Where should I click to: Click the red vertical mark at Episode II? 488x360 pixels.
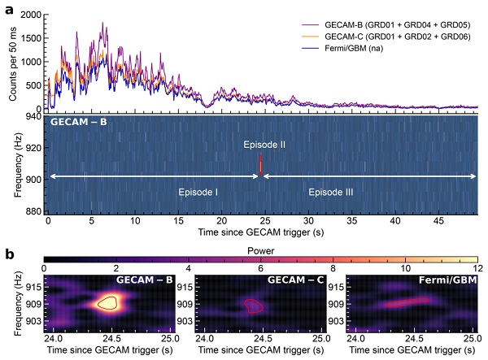tap(260, 164)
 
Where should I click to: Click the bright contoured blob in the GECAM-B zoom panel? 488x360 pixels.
tap(107, 302)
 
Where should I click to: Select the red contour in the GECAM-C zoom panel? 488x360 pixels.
tap(255, 306)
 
